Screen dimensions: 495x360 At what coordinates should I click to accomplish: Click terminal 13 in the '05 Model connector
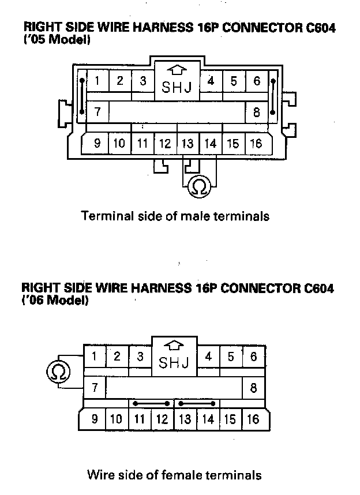tap(187, 144)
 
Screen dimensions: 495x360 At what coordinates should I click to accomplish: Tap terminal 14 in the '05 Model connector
tap(210, 144)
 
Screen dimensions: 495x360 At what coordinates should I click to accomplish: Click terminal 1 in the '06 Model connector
tap(95, 357)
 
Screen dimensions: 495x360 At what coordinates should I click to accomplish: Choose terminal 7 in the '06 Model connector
tap(95, 385)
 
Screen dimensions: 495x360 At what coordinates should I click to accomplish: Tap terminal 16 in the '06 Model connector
tap(253, 419)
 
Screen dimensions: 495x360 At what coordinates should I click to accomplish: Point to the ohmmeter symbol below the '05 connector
tap(199, 186)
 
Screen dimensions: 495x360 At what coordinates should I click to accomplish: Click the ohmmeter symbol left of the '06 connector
tap(58, 371)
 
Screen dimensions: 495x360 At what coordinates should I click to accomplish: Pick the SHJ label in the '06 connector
tap(173, 363)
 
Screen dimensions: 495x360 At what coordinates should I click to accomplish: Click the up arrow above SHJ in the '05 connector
tap(178, 70)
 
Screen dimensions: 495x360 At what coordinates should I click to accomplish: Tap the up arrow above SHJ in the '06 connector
tap(174, 346)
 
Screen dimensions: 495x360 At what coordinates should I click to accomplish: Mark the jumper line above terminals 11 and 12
tap(151, 403)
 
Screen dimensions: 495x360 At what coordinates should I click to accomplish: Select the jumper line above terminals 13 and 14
tap(197, 403)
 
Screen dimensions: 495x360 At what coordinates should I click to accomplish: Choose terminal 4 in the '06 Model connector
tap(208, 357)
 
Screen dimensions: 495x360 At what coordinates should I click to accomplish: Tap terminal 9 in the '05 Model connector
tap(97, 144)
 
